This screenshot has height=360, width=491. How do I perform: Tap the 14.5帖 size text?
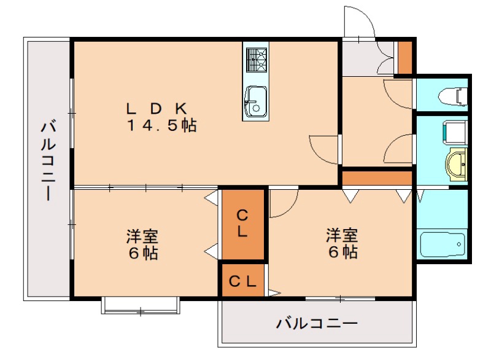point(161,126)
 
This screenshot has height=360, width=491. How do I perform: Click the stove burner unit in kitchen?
point(256,59)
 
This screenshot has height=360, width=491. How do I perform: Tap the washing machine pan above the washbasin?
point(453,131)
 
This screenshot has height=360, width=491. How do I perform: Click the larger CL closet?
point(243,224)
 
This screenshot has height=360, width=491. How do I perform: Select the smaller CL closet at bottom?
point(243,281)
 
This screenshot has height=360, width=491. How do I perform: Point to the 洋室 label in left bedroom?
point(143,235)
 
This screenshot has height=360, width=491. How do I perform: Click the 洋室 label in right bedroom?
point(342,234)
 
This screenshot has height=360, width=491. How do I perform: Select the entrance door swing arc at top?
point(358,22)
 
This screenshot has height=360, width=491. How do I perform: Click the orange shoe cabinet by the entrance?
point(405,57)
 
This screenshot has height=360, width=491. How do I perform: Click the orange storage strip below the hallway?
point(376,178)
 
